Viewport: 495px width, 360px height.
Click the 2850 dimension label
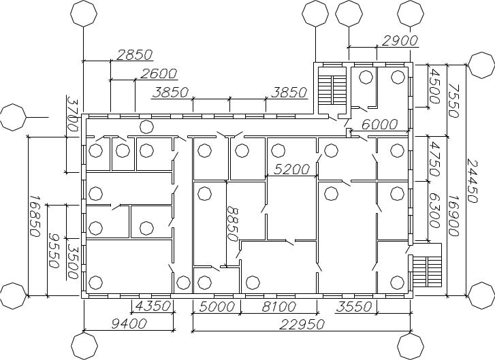[135, 54]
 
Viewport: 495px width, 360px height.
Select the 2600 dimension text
[159, 73]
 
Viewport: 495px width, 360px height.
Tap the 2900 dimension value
[400, 41]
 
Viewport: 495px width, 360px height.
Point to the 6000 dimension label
[379, 125]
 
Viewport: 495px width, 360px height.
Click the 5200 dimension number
[291, 169]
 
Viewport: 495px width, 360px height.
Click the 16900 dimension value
[453, 216]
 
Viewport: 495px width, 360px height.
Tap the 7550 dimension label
[453, 100]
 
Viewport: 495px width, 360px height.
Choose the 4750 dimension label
[434, 159]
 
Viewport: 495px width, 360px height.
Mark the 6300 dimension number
[434, 210]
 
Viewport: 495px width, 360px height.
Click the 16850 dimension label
[34, 216]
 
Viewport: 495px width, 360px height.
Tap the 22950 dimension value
[302, 325]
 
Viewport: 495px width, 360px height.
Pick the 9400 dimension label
[129, 323]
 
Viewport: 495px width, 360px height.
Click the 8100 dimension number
[278, 306]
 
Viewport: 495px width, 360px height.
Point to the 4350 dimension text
[153, 306]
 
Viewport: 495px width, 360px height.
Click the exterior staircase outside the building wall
[427, 271]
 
